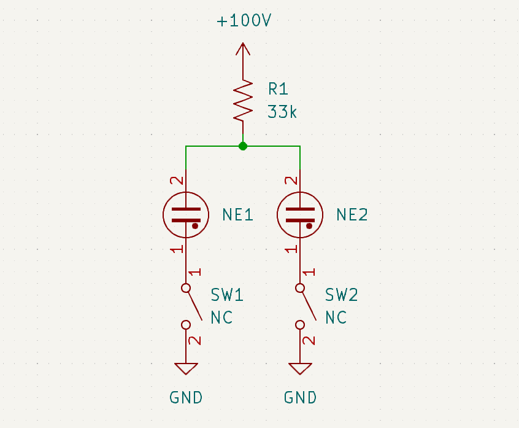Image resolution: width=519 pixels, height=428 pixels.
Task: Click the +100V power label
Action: pos(244,21)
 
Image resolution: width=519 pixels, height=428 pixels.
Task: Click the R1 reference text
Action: pos(278,89)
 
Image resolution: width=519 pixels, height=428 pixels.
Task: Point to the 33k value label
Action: pos(282,112)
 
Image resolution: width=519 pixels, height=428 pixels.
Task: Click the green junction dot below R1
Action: pos(244,146)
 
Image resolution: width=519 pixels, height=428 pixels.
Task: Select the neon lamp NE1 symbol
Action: pos(186,214)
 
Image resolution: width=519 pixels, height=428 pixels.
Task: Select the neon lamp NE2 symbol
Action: pos(300,214)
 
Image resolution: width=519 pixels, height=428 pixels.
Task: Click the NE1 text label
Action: pos(238,215)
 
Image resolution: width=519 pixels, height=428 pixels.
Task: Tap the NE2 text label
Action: pos(352,215)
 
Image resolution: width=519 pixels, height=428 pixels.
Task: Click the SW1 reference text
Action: pos(227,295)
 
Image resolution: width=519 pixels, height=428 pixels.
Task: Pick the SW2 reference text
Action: pos(341,295)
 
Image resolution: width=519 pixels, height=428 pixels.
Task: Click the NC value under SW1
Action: pos(221,317)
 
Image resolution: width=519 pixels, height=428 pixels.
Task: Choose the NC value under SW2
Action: pos(336,317)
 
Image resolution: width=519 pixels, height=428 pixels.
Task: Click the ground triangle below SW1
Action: pos(186,368)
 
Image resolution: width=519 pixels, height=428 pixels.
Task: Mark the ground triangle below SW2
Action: pos(300,368)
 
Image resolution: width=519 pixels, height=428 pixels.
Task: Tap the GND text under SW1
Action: pos(186,397)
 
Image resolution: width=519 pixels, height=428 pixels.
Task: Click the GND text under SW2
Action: pos(300,397)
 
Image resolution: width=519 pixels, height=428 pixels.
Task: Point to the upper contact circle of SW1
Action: pos(186,287)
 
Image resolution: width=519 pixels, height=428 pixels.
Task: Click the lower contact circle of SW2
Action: pos(300,325)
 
